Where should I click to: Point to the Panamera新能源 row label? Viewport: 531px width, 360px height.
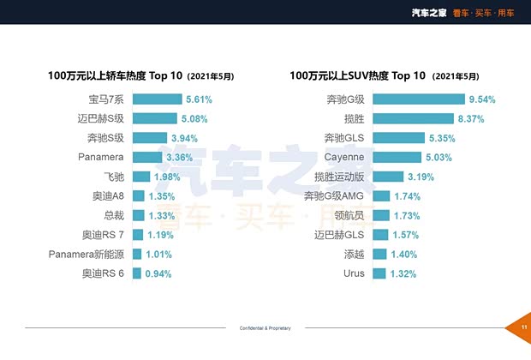click(87, 255)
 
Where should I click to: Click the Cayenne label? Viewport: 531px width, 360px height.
click(344, 158)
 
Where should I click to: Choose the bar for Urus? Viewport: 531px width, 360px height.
click(380, 273)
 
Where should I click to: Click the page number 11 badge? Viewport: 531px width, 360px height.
click(522, 327)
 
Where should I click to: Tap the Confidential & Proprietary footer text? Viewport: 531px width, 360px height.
click(265, 328)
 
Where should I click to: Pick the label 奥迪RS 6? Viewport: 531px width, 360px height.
click(103, 273)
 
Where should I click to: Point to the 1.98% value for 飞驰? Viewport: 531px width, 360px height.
click(169, 177)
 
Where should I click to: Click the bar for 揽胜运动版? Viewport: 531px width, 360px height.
click(387, 177)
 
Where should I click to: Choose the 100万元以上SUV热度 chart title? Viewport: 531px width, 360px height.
click(358, 75)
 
